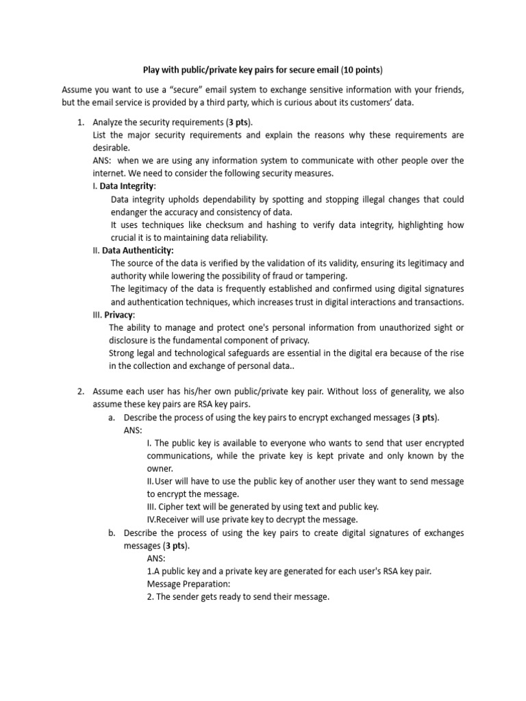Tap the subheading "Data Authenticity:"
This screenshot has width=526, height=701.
(138, 251)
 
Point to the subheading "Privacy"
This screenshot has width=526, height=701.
(119, 315)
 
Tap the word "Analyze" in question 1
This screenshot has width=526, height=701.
(108, 122)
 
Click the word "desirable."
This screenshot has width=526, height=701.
(111, 148)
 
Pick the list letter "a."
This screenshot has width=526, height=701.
(112, 418)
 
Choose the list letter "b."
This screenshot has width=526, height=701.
(112, 533)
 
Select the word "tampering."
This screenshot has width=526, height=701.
(325, 276)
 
